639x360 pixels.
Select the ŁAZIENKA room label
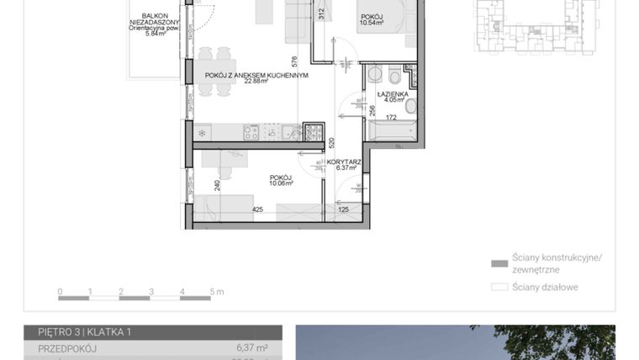pyautogui.click(x=393, y=94)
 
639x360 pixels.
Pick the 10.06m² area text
pyautogui.click(x=280, y=183)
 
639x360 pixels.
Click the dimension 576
pyautogui.click(x=293, y=61)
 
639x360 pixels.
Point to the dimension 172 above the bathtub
pyautogui.click(x=390, y=117)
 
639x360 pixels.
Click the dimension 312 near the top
pyautogui.click(x=321, y=13)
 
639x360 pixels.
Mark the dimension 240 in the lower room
pyautogui.click(x=217, y=186)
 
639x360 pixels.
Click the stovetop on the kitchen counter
pyautogui.click(x=251, y=132)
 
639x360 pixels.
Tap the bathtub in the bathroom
pyautogui.click(x=391, y=131)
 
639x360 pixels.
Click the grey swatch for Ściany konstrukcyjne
pyautogui.click(x=500, y=263)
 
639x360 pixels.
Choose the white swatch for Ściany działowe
pyautogui.click(x=500, y=287)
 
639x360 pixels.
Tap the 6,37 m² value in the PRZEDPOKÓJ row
pyautogui.click(x=251, y=347)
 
